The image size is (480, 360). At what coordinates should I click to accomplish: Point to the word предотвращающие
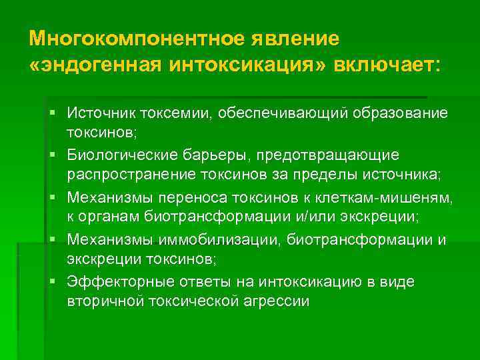[330, 155]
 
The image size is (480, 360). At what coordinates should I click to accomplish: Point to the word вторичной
[100, 302]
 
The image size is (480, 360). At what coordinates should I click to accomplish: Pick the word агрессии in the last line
[275, 302]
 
